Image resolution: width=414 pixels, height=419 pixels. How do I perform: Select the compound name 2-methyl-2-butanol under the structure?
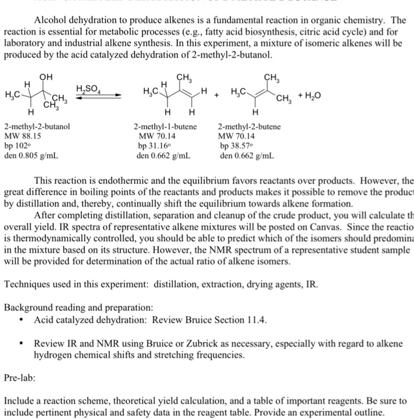(x=37, y=127)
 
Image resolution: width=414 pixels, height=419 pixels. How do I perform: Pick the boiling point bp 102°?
(x=17, y=146)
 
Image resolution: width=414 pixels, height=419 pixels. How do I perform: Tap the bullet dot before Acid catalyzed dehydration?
(x=22, y=320)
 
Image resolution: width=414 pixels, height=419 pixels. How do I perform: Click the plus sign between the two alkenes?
(x=218, y=95)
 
